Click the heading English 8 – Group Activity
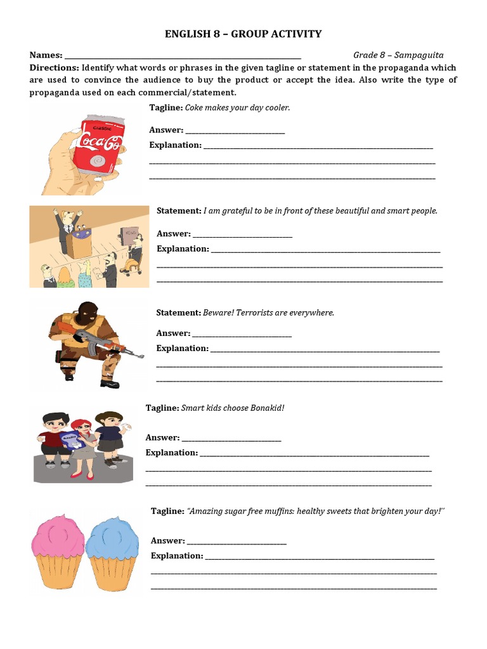tap(243, 34)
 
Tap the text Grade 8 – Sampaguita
tap(398, 55)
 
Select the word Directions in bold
tap(54, 68)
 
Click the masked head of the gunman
tap(88, 312)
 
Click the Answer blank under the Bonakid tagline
tap(231, 438)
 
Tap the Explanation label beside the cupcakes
tap(176, 556)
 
